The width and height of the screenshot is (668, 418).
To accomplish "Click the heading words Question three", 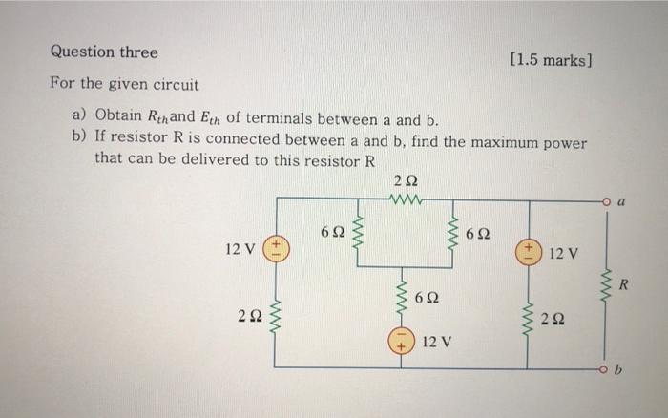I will point(104,52).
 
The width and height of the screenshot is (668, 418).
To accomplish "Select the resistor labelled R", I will point(606,284).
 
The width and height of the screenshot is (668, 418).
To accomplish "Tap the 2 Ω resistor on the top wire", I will point(405,200).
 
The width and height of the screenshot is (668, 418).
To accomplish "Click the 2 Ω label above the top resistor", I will point(404,181).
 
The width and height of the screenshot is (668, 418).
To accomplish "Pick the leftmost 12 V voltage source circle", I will point(277,250).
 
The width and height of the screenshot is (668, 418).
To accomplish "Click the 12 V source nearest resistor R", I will point(528,252).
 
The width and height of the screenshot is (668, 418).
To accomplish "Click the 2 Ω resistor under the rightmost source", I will point(528,317).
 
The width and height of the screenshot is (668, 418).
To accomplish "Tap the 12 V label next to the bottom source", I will point(437,341).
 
